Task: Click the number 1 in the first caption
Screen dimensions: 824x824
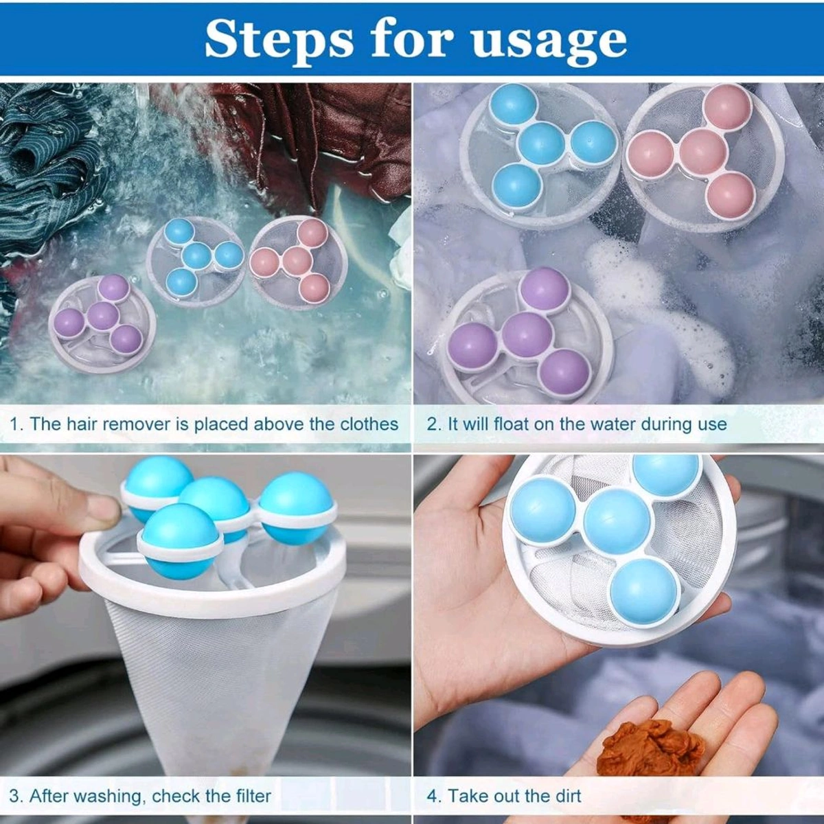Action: coord(14,424)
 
